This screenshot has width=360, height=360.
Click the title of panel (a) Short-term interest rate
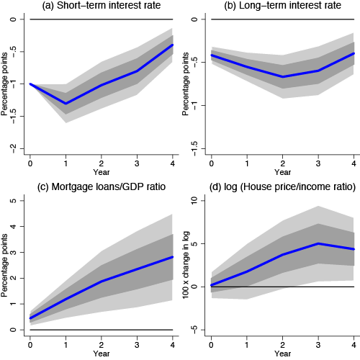coord(102,6)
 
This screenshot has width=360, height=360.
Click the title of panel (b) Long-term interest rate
coord(282,6)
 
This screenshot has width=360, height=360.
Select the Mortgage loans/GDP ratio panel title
coord(102,186)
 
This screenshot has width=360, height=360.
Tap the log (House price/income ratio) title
coord(282,186)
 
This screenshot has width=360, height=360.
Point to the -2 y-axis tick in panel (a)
coord(13,148)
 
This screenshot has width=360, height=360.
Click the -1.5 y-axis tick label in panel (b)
coord(194,148)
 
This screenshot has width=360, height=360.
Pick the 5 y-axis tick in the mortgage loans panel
coord(13,201)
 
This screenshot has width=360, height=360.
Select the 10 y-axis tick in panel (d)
coord(194,201)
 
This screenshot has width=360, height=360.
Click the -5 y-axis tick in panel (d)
coord(194,330)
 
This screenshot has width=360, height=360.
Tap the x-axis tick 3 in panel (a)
coord(137,163)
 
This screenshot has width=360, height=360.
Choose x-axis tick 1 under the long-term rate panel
coord(247,163)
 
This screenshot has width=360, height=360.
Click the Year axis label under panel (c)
coord(102,354)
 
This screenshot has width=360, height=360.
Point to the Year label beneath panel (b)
coord(282,172)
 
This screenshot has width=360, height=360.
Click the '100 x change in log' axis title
coord(186,265)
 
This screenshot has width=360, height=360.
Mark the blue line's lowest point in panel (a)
coord(66,104)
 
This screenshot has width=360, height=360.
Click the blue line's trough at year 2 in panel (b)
coord(283,77)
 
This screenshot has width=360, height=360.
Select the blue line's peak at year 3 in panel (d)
coord(318,243)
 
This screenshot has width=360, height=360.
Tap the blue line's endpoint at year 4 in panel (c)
coord(172,257)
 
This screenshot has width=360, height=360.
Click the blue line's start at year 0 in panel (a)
coord(30,84)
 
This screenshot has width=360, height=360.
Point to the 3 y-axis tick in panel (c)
coord(13,252)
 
